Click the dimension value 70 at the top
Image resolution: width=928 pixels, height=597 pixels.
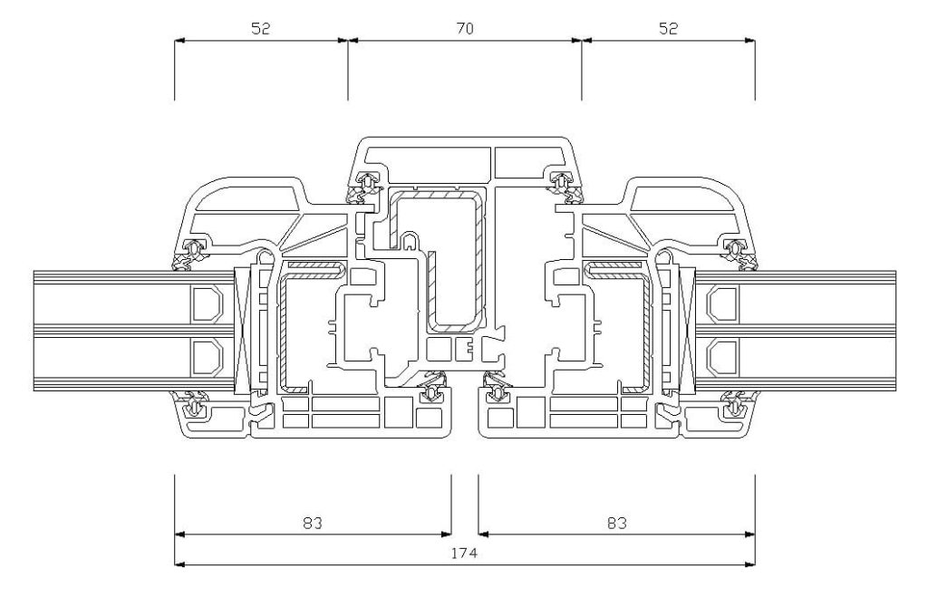coord(465,28)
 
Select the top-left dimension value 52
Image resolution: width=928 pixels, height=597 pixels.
coord(260,28)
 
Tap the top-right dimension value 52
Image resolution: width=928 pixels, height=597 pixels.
coord(668,28)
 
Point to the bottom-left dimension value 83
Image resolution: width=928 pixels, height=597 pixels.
coord(313,523)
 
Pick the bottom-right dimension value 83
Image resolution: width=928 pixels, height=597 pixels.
coord(616,523)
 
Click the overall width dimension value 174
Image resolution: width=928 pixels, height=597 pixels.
coord(464,554)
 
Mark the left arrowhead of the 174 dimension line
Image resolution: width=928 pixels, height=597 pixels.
coord(180,563)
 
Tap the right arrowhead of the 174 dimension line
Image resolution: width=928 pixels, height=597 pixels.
coord(749,563)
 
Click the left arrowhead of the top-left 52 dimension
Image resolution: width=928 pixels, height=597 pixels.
coord(180,40)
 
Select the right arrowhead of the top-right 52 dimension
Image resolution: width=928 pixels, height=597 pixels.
coord(749,40)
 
